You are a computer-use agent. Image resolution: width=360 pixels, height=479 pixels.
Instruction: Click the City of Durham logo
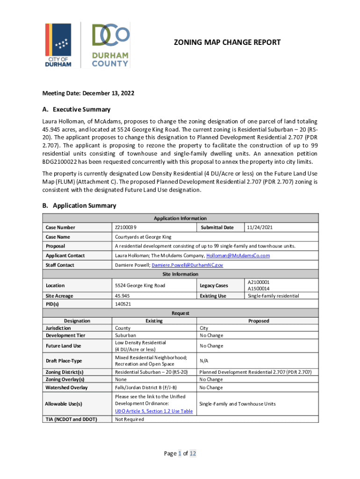click(58, 45)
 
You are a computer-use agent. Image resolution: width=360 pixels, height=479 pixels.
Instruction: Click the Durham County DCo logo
click(110, 45)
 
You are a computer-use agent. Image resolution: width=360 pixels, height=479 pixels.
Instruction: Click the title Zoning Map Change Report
click(227, 43)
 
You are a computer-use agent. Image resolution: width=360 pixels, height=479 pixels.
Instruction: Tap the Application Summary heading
click(79, 205)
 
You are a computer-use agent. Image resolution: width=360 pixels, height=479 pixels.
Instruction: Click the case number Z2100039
click(126, 227)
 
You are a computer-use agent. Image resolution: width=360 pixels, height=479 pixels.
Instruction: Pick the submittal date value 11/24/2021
click(260, 227)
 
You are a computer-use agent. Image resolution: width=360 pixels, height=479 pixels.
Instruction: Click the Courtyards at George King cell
click(143, 237)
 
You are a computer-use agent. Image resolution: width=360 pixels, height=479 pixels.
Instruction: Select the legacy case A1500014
click(259, 289)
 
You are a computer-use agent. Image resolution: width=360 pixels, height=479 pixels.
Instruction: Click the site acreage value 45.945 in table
click(122, 296)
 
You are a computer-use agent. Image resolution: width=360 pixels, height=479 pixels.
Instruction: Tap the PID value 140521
click(123, 304)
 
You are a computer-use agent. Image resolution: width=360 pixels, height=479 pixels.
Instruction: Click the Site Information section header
click(180, 274)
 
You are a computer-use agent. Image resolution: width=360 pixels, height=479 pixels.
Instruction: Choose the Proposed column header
click(259, 321)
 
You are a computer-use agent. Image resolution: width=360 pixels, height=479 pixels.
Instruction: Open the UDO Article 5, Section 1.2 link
click(153, 411)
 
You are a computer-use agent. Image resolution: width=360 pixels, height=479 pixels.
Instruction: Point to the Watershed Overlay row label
click(66, 387)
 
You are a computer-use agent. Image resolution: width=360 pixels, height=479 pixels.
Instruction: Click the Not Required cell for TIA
click(130, 419)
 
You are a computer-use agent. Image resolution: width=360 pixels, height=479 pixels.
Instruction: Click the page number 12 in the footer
click(193, 453)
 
